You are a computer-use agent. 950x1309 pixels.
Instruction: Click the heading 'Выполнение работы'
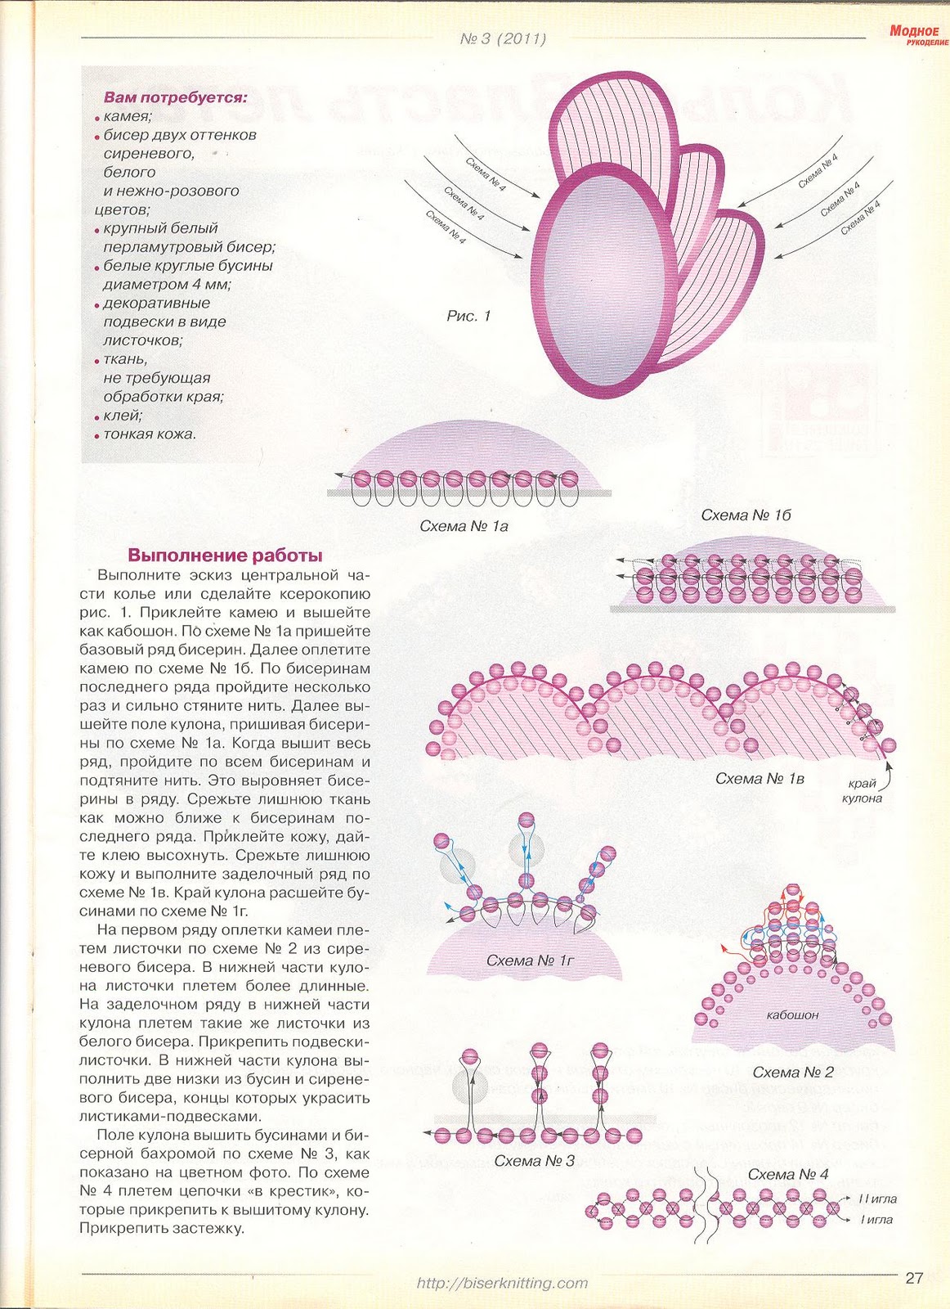[225, 555]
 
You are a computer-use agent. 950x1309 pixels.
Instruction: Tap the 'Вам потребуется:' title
[175, 98]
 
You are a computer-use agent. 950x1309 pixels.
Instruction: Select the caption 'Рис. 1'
[468, 316]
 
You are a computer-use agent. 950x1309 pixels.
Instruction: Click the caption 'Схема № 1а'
[464, 526]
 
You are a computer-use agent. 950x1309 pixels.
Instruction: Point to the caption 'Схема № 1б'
[746, 515]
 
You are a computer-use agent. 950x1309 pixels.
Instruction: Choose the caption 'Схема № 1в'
[760, 778]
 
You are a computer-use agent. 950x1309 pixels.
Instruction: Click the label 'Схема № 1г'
[531, 960]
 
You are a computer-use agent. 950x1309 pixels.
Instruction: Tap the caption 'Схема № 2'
[792, 1072]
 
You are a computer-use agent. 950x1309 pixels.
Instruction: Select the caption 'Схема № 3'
[535, 1160]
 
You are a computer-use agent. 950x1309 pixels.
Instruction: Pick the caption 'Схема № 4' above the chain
[788, 1174]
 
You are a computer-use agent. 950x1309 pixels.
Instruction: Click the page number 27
[913, 1278]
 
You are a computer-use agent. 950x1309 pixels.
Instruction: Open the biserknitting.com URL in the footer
[502, 1283]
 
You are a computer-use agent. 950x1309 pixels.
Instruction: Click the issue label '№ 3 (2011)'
[503, 38]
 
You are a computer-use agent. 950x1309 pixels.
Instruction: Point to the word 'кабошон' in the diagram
[792, 1014]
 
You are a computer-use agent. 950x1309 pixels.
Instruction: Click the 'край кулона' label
[863, 790]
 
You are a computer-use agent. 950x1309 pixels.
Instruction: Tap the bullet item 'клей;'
[123, 416]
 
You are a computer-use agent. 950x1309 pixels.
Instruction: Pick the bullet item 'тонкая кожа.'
[150, 434]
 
